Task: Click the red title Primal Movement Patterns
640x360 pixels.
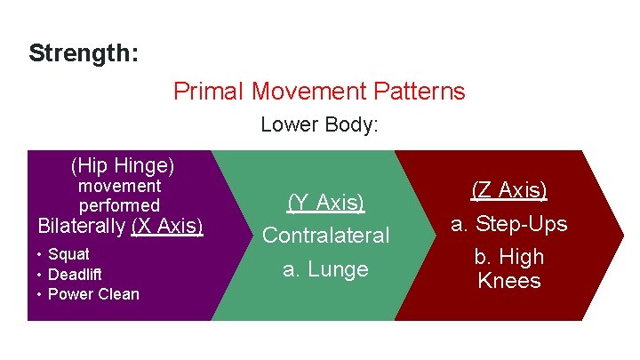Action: point(319,91)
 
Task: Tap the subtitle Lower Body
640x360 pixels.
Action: point(319,125)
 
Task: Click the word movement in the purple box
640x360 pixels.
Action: point(120,187)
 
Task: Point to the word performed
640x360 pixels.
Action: point(120,205)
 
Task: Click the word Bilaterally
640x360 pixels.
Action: point(81,227)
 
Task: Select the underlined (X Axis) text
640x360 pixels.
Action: point(166,227)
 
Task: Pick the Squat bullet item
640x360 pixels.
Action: point(68,254)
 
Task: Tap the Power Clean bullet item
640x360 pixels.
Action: point(93,294)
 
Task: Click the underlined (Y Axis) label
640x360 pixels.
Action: point(325,203)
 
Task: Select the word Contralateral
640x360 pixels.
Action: point(325,236)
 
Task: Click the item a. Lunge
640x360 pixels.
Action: point(325,269)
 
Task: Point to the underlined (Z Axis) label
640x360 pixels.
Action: point(508,190)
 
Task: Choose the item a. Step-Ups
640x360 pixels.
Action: point(508,224)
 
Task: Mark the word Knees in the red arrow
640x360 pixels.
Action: point(508,281)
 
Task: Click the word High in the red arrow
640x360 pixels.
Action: point(521,257)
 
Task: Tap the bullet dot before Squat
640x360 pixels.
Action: point(40,255)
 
